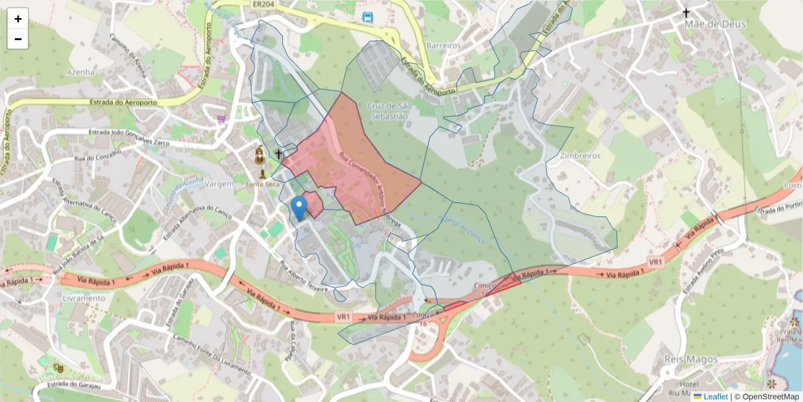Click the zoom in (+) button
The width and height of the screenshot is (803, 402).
18,19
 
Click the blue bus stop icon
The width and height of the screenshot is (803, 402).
367,17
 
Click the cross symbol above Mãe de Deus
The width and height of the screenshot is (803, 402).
686,13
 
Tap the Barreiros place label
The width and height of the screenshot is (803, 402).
444,45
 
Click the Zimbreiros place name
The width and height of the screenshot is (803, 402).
580,155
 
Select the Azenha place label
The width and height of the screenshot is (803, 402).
81,72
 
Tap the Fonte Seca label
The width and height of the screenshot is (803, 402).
262,184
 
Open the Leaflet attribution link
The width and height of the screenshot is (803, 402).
715,397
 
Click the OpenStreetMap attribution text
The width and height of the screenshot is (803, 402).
770,397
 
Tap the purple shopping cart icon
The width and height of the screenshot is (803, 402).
221,119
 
